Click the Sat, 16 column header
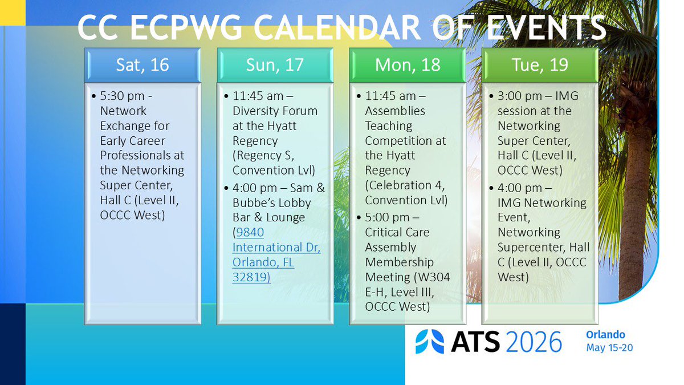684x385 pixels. tap(142, 65)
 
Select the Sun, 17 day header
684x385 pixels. tap(275, 65)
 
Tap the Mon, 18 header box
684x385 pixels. tap(408, 65)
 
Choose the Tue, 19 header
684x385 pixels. tap(540, 65)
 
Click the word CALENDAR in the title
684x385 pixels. tap(337, 27)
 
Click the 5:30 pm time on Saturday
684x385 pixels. tap(122, 96)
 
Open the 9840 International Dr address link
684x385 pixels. tap(276, 254)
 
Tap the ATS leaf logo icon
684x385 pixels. tap(430, 341)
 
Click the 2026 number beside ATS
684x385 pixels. tap(534, 342)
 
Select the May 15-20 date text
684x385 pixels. tap(609, 348)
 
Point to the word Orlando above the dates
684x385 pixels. tap(605, 335)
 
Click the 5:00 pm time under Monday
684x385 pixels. tap(387, 217)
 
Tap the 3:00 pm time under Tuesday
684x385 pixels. tap(520, 96)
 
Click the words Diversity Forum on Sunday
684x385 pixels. tap(275, 111)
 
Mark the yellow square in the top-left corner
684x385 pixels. tap(13, 13)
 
